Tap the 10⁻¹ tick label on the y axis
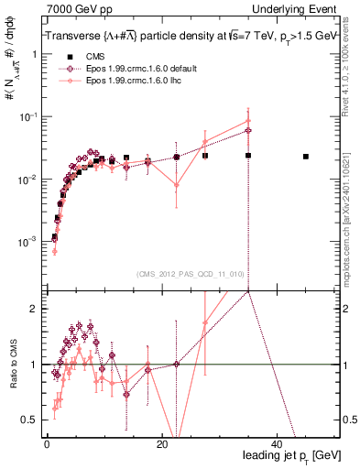(30, 116)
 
